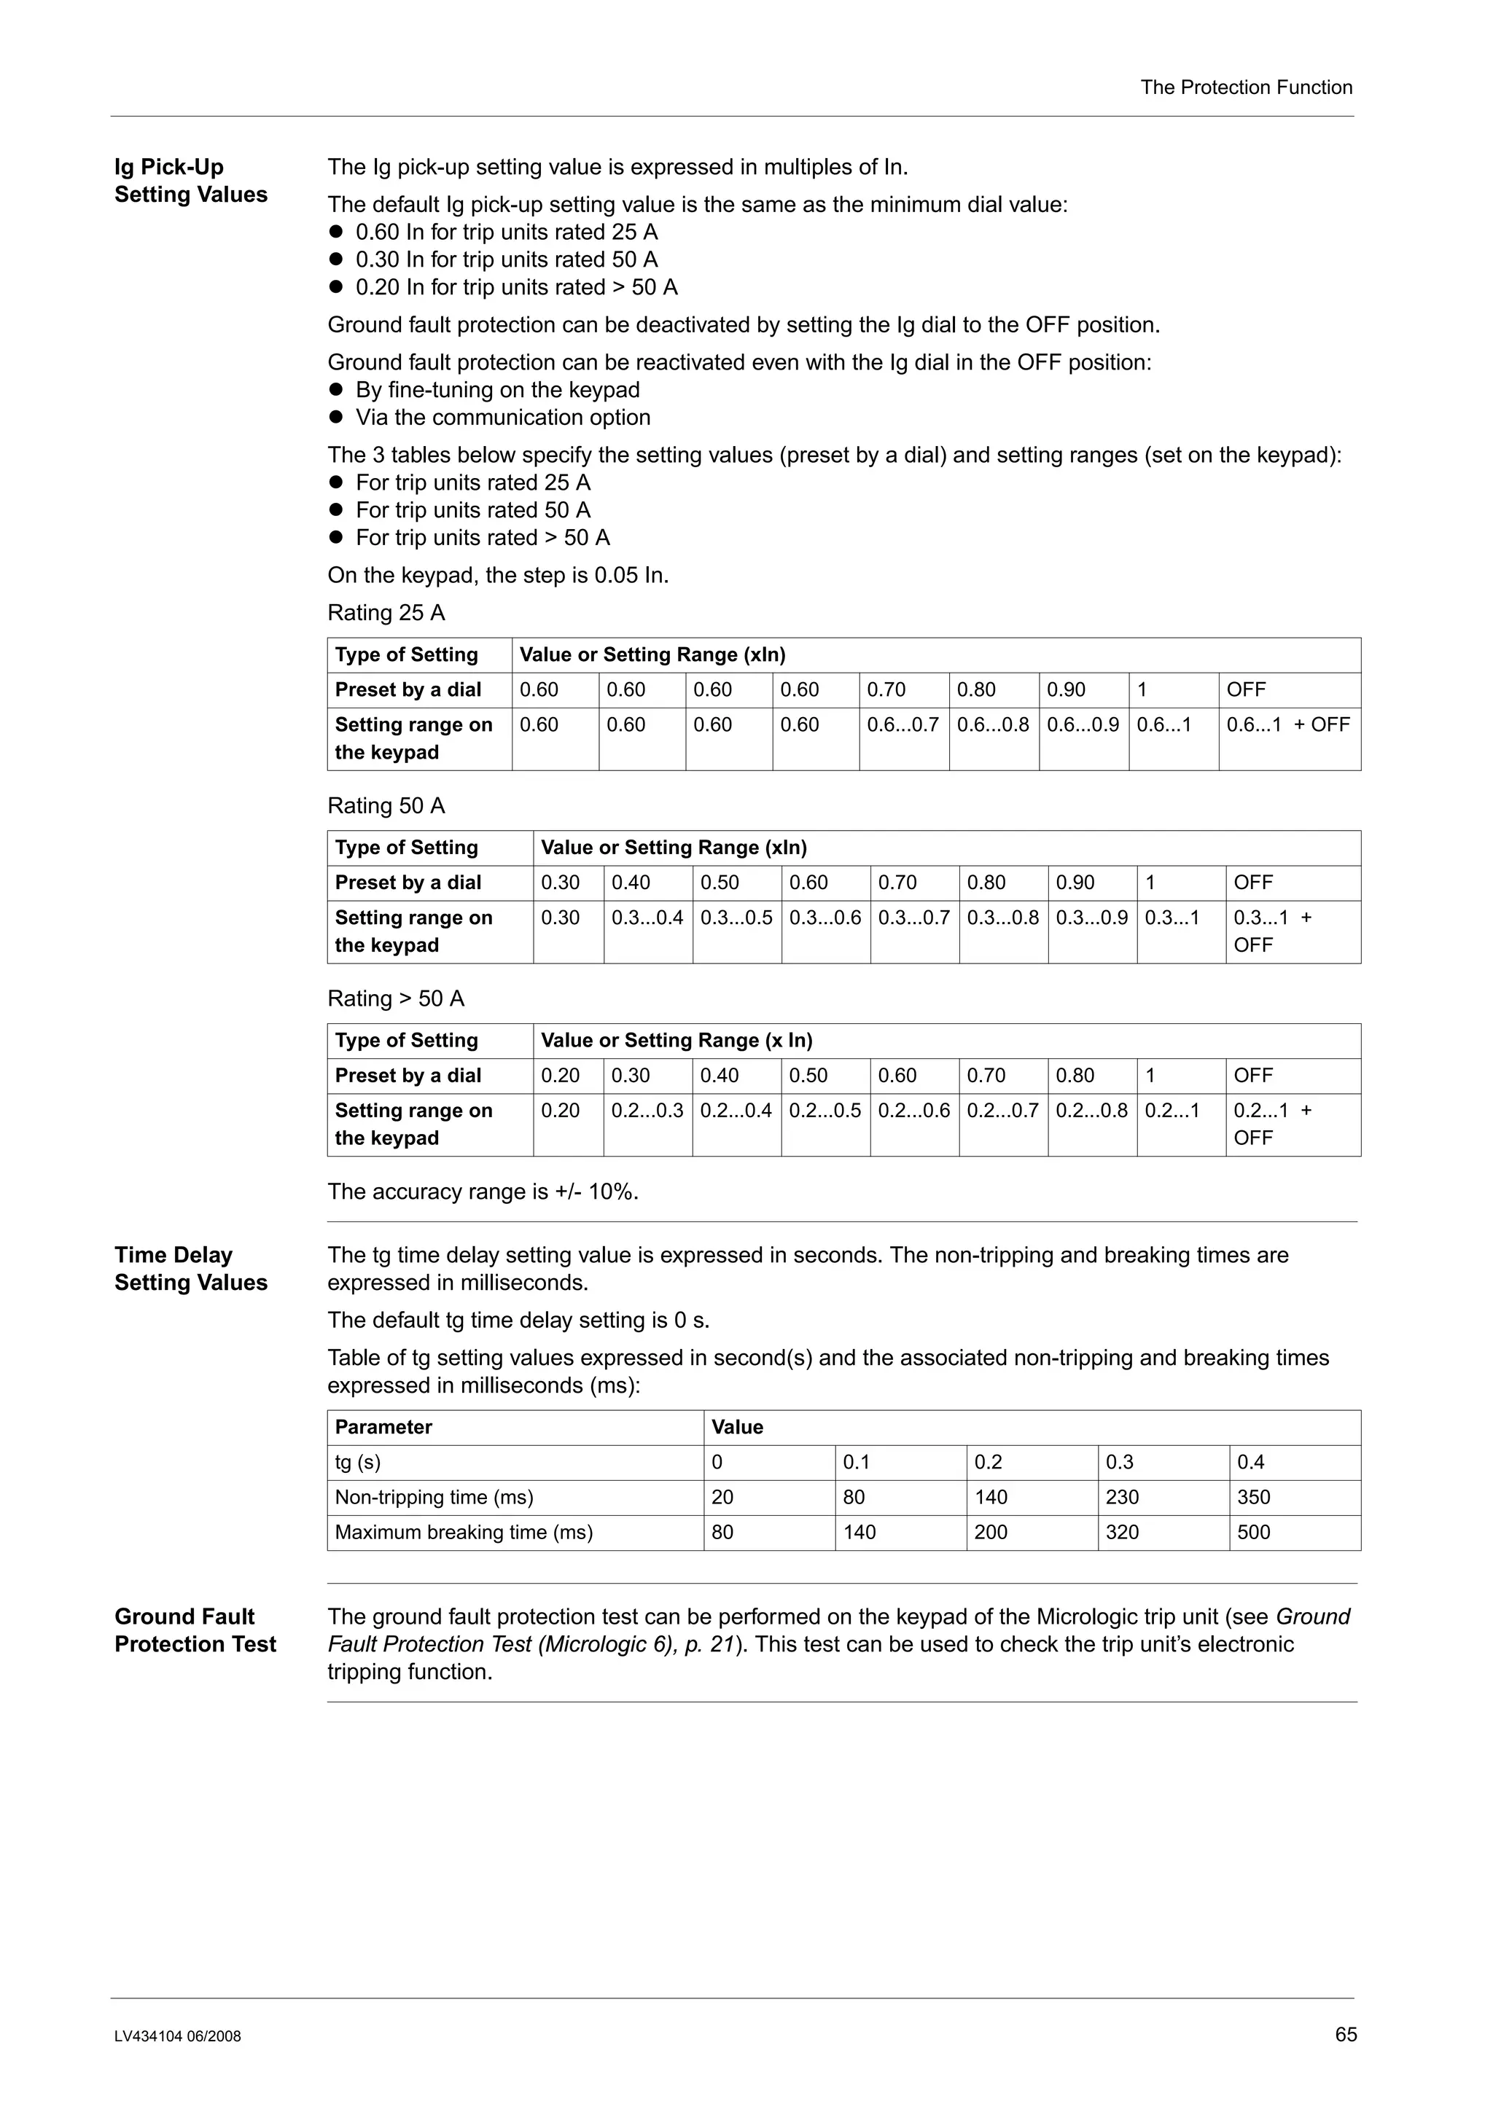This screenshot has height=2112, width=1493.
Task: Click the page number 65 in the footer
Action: point(1345,2034)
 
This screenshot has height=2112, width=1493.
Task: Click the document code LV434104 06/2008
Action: point(178,2036)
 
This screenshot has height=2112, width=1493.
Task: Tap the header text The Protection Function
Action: point(1246,87)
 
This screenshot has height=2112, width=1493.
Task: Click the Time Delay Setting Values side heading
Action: point(190,1269)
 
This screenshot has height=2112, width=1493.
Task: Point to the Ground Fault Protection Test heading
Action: point(195,1630)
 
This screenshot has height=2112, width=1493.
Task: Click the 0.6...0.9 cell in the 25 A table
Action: point(1082,725)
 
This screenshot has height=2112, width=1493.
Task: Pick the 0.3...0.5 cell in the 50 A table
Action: point(736,918)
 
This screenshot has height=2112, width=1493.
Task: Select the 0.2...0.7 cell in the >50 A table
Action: point(1002,1111)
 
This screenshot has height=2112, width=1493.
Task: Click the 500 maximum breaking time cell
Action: point(1253,1533)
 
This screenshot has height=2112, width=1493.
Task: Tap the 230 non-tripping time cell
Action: point(1121,1498)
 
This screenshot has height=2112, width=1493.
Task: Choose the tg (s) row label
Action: point(358,1463)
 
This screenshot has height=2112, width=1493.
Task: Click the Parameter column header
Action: point(383,1428)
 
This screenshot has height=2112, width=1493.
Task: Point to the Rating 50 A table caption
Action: point(386,806)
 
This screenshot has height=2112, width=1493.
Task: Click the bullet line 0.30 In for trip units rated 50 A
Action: point(506,259)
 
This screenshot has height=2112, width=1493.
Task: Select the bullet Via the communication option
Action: point(502,418)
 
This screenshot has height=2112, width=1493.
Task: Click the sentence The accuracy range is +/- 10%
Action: point(482,1192)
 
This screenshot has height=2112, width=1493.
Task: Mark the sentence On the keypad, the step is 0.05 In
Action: point(498,576)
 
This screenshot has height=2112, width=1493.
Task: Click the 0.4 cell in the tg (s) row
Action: point(1250,1463)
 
